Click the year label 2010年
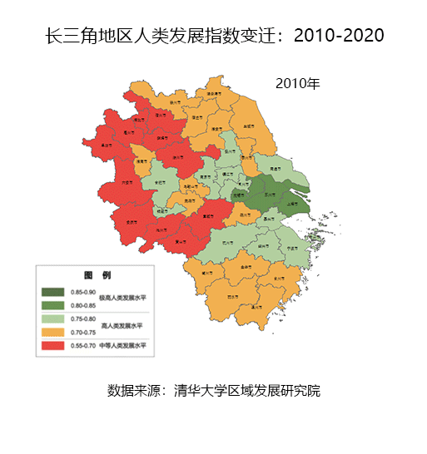[x=297, y=83]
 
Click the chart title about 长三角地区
[x=214, y=36]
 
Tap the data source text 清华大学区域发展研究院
[x=214, y=391]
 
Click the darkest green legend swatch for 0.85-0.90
[x=54, y=292]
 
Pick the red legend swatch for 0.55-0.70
[x=54, y=344]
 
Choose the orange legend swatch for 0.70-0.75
[x=54, y=331]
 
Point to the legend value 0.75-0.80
[x=84, y=318]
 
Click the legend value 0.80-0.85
[x=84, y=305]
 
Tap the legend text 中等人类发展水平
[x=122, y=345]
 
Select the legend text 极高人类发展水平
[x=122, y=299]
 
